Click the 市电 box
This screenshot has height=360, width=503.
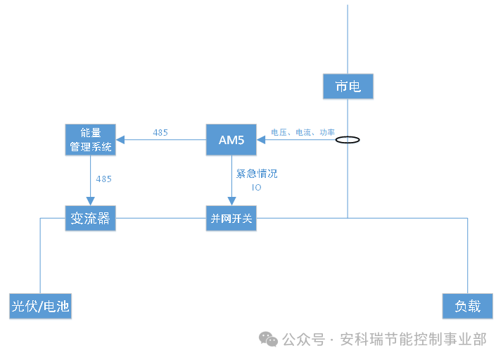tap(348, 86)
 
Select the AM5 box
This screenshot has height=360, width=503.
tap(231, 140)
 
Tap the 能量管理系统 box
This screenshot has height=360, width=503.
tap(90, 140)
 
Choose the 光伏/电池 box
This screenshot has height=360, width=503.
tap(41, 306)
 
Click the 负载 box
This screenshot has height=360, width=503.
tap(467, 306)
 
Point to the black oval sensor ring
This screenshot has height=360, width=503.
tap(348, 140)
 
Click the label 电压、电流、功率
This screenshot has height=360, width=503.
tap(303, 132)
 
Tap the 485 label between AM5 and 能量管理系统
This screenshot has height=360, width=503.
tap(160, 132)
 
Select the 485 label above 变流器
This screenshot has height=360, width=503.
tap(103, 179)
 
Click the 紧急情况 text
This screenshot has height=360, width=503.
tap(256, 174)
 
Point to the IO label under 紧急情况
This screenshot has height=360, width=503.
tap(256, 188)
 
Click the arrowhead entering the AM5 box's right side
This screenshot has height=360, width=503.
tap(260, 140)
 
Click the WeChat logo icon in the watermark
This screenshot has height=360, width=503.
tap(268, 340)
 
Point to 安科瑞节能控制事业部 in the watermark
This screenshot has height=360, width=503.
tap(413, 340)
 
